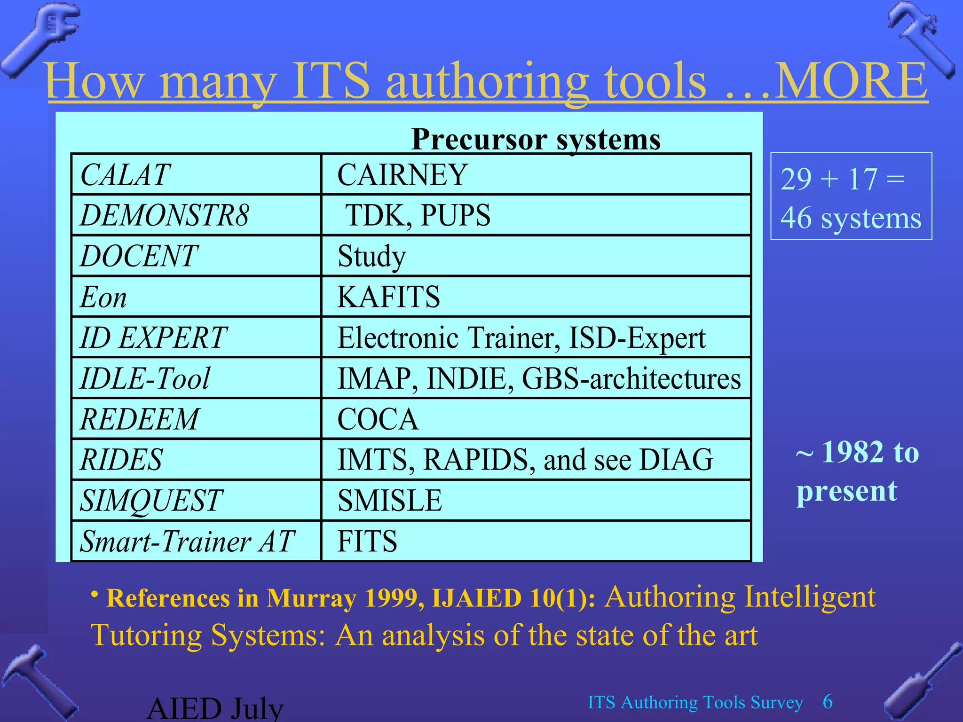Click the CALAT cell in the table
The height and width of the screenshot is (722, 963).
click(125, 174)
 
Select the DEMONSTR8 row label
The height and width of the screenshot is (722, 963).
click(165, 215)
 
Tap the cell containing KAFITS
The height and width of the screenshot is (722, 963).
click(388, 297)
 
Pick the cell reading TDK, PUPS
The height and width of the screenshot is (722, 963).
click(418, 215)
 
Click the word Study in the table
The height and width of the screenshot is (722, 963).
click(371, 257)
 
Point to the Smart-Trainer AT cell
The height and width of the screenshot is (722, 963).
click(187, 541)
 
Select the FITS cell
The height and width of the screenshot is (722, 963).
click(367, 541)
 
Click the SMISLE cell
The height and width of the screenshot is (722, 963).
click(390, 500)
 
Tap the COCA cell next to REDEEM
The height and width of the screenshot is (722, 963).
click(378, 419)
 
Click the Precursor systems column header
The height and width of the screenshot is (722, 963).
click(536, 139)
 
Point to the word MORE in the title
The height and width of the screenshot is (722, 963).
click(851, 81)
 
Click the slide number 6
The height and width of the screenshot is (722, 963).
click(828, 702)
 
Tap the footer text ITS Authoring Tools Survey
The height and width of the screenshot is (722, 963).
click(695, 702)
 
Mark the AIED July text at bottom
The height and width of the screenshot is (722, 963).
click(215, 709)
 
